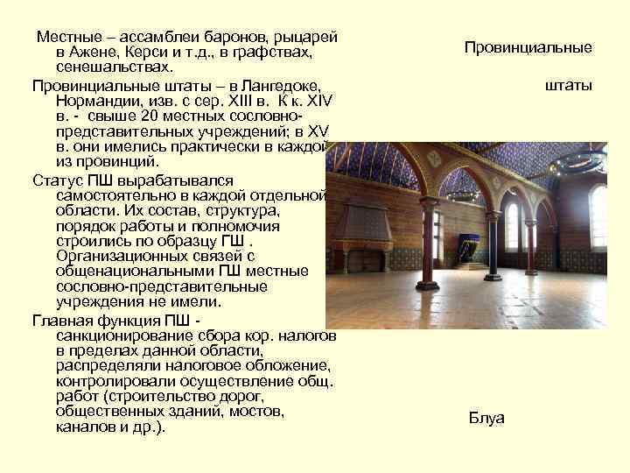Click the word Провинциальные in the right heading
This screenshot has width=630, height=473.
(528, 47)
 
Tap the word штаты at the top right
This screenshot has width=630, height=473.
(569, 85)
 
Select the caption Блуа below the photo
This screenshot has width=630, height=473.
(486, 417)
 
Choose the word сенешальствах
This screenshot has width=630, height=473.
(113, 67)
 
